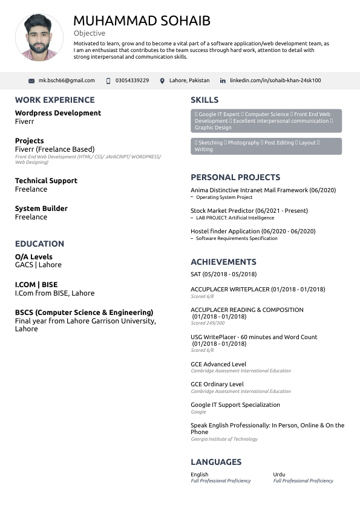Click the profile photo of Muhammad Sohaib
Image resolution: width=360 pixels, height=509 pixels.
(x=39, y=37)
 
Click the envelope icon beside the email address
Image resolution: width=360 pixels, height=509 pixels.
(x=31, y=81)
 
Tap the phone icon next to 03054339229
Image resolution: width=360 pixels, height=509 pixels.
(x=108, y=81)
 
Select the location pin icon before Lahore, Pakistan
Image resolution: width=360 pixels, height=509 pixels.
(x=162, y=81)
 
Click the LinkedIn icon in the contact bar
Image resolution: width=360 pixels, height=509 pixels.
(x=223, y=81)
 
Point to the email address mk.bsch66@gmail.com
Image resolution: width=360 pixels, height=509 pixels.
(x=67, y=80)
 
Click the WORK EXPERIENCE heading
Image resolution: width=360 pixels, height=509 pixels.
(x=55, y=100)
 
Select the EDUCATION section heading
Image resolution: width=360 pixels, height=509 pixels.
(x=39, y=244)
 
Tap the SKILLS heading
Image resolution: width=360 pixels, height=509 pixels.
(x=205, y=100)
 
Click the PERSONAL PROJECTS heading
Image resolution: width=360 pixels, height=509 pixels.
(x=235, y=177)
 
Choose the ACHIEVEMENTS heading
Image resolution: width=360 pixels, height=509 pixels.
(x=223, y=262)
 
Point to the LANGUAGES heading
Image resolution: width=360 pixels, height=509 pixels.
(x=216, y=462)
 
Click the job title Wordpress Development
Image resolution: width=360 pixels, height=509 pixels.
(x=58, y=113)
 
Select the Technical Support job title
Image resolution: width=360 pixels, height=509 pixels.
(x=46, y=181)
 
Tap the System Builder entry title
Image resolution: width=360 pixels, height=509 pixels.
(x=41, y=209)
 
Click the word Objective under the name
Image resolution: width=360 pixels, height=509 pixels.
(x=90, y=33)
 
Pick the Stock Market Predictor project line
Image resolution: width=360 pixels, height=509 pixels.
(x=249, y=211)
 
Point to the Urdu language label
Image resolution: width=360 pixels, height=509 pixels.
(x=279, y=475)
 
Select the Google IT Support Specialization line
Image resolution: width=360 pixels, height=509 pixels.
(x=235, y=405)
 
